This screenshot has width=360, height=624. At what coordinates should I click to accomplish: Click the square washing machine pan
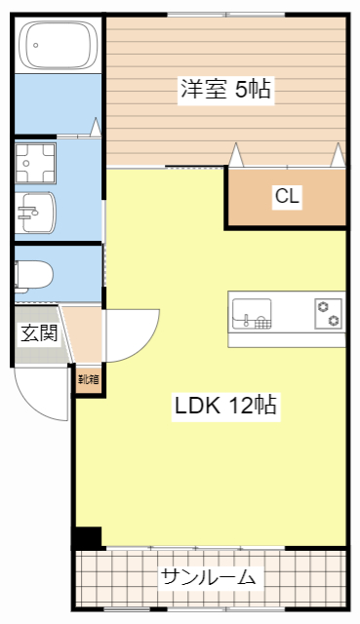36,162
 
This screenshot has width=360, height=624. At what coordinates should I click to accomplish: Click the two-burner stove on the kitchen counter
328,314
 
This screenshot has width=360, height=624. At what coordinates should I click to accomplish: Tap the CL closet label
286,197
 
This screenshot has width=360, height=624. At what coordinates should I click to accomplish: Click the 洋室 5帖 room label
224,90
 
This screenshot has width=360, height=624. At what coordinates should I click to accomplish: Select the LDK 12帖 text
226,407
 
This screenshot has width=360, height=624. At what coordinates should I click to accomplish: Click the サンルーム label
209,577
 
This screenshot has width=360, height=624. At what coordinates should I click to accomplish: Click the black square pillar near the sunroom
88,537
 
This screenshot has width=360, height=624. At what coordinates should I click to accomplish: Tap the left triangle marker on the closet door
235,154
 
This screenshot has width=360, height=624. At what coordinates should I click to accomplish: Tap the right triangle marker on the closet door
338,154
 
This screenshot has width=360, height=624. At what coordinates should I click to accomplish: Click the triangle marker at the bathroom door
96,127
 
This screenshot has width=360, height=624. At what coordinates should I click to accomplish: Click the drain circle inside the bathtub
34,43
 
